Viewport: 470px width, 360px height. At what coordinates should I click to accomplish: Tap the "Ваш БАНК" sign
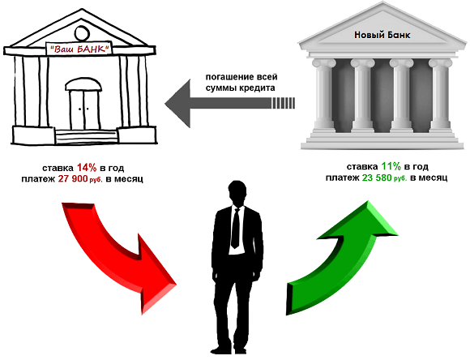coord(79,49)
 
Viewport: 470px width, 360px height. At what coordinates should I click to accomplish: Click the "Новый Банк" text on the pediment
coord(382,35)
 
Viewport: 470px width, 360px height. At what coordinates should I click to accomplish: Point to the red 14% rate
coord(87,167)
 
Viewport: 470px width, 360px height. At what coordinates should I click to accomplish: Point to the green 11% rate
coord(391,166)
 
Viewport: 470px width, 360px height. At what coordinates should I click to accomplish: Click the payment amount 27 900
coord(73,179)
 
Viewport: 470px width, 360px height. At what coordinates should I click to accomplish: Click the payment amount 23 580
coord(377,178)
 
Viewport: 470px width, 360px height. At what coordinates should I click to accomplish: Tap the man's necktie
coord(236,228)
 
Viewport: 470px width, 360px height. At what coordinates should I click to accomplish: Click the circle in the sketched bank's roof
coord(82,33)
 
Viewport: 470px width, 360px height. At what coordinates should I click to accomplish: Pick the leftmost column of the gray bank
coord(323,96)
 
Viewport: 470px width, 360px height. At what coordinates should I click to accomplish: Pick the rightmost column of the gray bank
coord(440,96)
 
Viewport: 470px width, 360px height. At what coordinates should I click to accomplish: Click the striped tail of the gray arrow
coord(284,104)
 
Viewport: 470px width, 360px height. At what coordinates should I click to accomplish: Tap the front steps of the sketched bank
coord(87,136)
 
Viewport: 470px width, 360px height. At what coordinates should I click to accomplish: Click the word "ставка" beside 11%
coord(362,166)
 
